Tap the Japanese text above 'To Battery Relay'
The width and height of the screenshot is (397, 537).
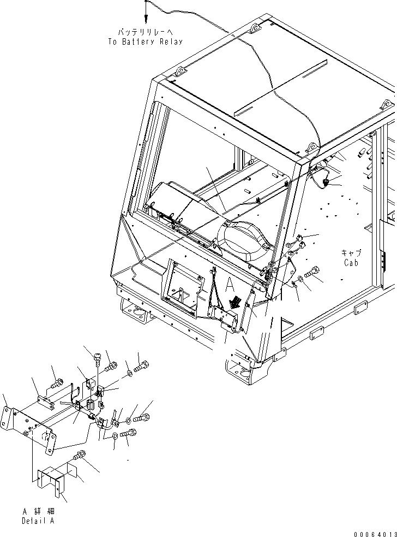pos(146,32)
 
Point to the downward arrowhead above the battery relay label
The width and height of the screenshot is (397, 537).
pos(146,16)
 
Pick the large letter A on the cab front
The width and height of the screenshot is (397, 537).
pos(231,284)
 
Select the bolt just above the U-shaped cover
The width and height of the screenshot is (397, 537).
pos(79,455)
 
